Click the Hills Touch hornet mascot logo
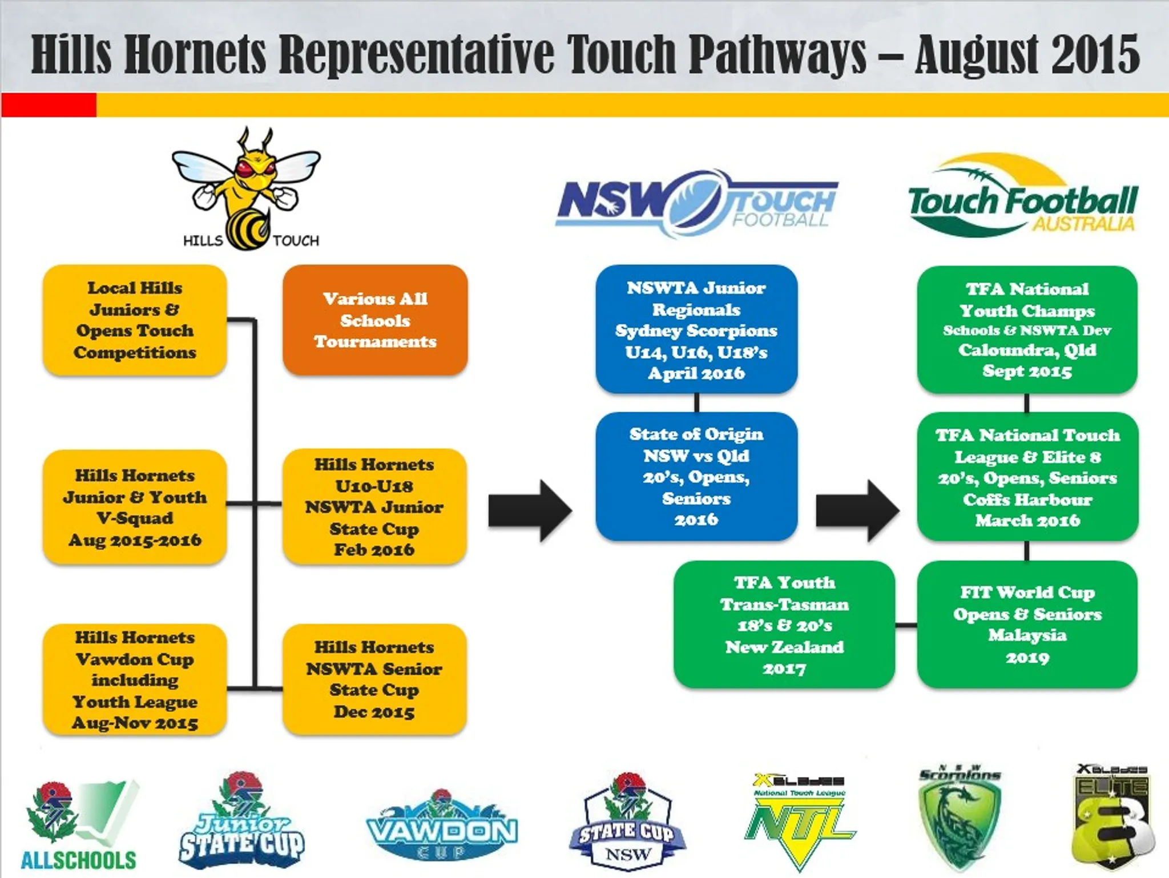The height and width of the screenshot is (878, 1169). click(247, 188)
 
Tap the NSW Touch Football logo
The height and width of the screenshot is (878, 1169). click(696, 203)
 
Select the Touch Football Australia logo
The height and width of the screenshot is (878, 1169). click(1022, 197)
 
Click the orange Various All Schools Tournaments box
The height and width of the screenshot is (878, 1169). click(375, 320)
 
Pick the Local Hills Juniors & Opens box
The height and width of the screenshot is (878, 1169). click(135, 320)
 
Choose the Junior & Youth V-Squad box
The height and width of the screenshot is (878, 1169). click(135, 507)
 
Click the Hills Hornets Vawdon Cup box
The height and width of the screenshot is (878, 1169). click(135, 679)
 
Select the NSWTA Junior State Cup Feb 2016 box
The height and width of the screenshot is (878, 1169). click(374, 507)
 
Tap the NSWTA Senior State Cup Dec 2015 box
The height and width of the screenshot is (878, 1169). click(374, 679)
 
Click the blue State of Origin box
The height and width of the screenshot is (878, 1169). click(696, 476)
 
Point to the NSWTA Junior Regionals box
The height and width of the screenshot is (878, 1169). click(696, 329)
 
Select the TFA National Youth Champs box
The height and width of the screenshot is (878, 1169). click(1027, 329)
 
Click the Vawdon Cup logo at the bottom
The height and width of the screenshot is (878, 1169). click(442, 828)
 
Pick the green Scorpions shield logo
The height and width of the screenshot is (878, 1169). click(960, 822)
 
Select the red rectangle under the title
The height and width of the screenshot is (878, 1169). click(49, 105)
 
